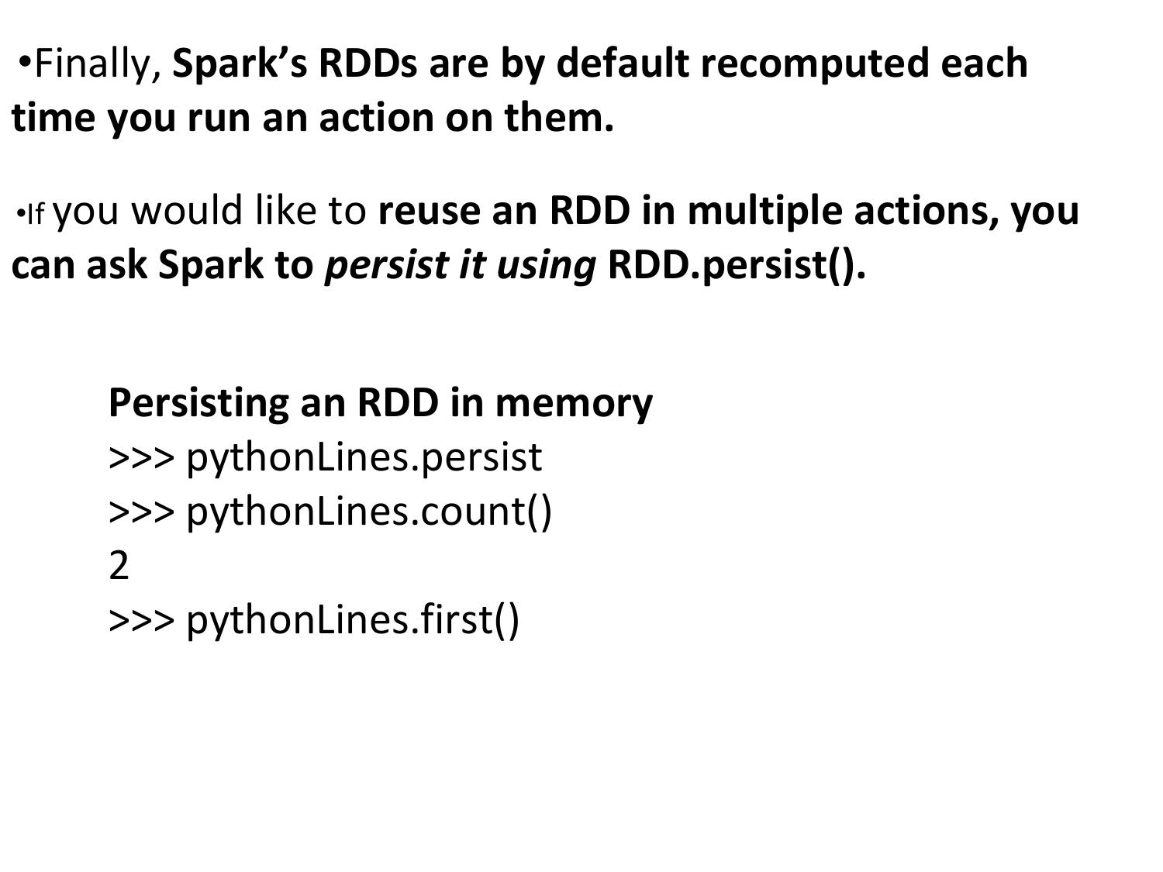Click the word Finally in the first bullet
pyautogui.click(x=98, y=64)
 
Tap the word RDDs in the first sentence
pyautogui.click(x=368, y=63)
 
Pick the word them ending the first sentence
pyautogui.click(x=559, y=117)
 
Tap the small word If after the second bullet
pyautogui.click(x=36, y=215)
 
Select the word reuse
pyautogui.click(x=429, y=212)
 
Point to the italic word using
pyautogui.click(x=547, y=266)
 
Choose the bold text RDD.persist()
pyautogui.click(x=737, y=266)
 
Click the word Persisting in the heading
pyautogui.click(x=198, y=404)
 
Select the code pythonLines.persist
pyautogui.click(x=364, y=459)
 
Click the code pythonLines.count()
pyautogui.click(x=369, y=512)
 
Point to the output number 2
pyautogui.click(x=119, y=566)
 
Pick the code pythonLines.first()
pyautogui.click(x=353, y=621)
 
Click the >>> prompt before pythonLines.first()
pyautogui.click(x=141, y=621)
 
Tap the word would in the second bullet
pyautogui.click(x=187, y=210)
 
